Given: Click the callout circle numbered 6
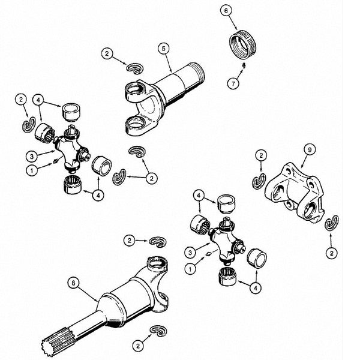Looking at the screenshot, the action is (x=226, y=11).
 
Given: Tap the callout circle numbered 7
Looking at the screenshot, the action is (x=233, y=83).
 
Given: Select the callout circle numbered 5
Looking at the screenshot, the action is (x=163, y=49).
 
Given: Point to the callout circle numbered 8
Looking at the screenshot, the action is (x=73, y=283).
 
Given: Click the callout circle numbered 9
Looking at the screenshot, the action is (x=310, y=149).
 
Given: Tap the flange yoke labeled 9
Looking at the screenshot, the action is (x=295, y=193).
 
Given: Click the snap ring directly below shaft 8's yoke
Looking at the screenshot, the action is (x=158, y=331).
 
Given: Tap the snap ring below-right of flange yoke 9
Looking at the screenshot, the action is (x=332, y=222).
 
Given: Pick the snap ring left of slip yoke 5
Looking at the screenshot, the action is (x=135, y=68).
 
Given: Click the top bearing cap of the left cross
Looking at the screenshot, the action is (x=71, y=112).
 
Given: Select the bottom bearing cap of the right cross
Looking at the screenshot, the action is (x=227, y=277).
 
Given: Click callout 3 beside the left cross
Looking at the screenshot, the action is (x=32, y=157).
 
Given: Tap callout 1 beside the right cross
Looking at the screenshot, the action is (x=190, y=268).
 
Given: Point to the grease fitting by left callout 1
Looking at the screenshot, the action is (x=55, y=161).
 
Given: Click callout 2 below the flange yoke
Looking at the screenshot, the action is (x=332, y=253).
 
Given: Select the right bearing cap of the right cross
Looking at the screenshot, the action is (x=257, y=259).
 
